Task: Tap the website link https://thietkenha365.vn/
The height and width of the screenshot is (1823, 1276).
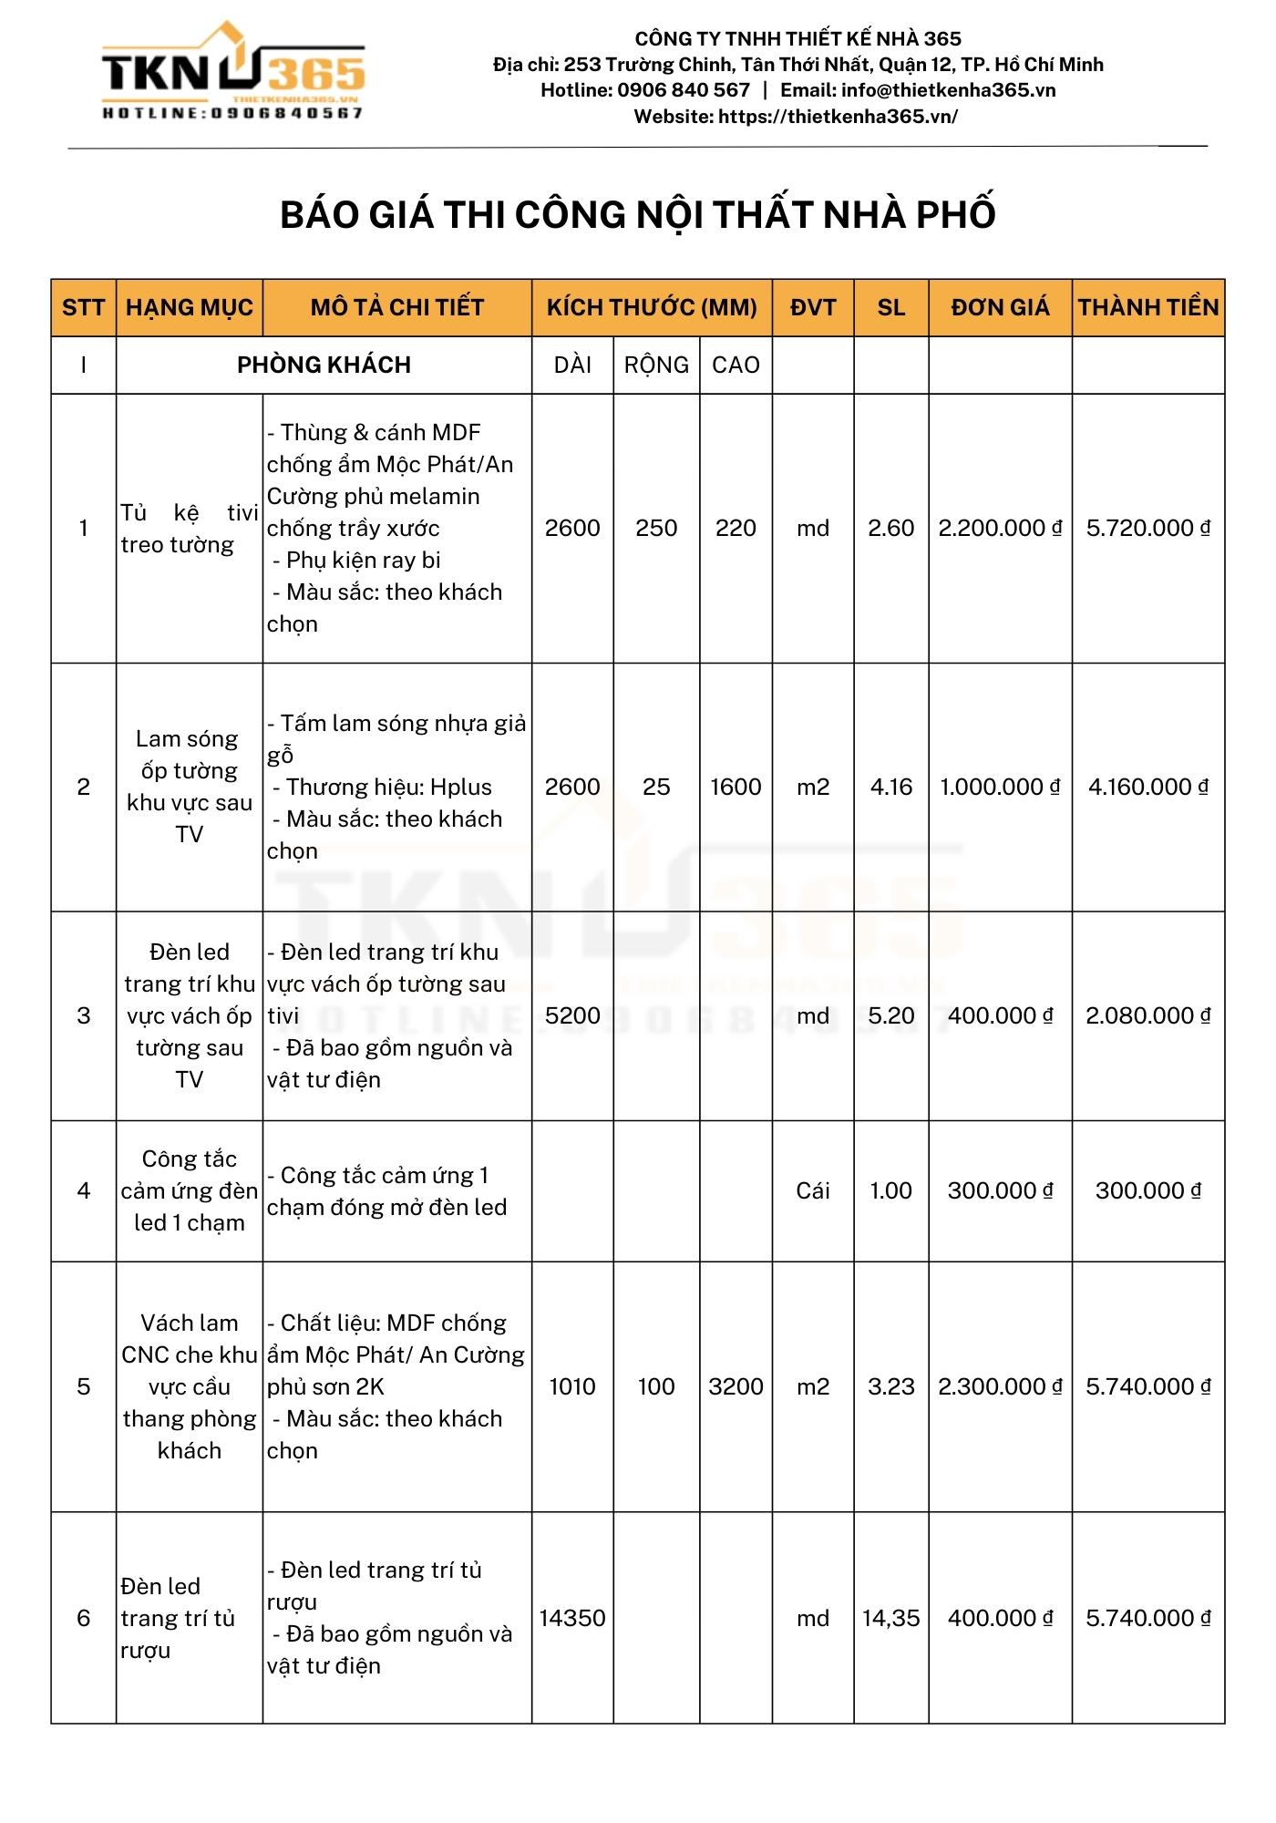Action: pos(838,117)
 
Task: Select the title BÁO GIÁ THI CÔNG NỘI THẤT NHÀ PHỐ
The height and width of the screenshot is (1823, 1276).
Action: pos(638,215)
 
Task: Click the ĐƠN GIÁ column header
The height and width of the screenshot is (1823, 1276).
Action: pos(1000,308)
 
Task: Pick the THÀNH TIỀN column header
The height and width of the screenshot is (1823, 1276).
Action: pos(1148,308)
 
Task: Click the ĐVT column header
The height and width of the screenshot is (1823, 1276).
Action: pos(813,308)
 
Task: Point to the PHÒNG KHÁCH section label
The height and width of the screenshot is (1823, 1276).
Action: pos(324,366)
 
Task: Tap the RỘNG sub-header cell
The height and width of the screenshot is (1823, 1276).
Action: pos(656,366)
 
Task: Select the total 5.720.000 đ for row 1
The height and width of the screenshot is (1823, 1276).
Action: pos(1147,529)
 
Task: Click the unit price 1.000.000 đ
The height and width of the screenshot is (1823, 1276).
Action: pos(1000,788)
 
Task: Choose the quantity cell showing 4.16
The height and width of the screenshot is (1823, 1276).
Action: pos(891,788)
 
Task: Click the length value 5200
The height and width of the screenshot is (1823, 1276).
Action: pos(572,1016)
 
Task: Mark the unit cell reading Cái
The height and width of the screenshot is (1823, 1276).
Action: pos(813,1191)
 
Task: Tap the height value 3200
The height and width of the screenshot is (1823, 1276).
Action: pos(736,1387)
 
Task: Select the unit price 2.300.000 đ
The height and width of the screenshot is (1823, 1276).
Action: pos(1000,1387)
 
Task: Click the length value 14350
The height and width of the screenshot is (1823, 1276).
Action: pos(572,1619)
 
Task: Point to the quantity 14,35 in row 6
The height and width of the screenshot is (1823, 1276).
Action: pos(891,1619)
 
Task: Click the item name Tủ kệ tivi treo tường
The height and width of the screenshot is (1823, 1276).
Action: pos(189,529)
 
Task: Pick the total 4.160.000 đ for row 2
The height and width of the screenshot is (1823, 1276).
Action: pos(1147,788)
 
